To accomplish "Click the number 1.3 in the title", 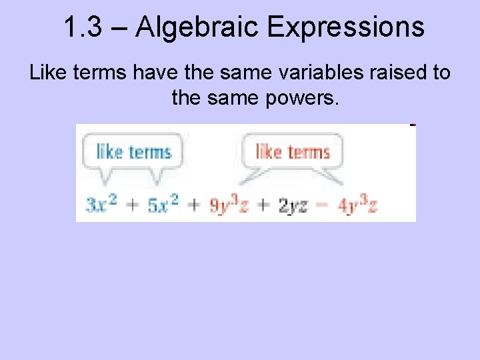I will tap(85, 27).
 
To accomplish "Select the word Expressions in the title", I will tap(345, 27).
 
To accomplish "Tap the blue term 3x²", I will tap(102, 205).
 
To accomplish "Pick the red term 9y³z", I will tap(229, 205).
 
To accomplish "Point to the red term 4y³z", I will tap(357, 205).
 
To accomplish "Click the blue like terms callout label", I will tap(134, 151).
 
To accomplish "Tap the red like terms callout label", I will tap(293, 151).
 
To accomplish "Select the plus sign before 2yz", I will tap(263, 205).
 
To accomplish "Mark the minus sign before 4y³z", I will tap(323, 205).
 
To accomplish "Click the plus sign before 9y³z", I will tap(193, 205).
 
